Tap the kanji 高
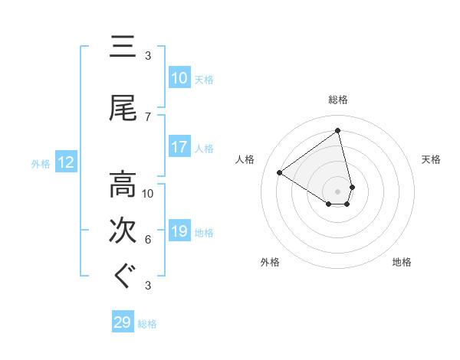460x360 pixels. pyautogui.click(x=123, y=185)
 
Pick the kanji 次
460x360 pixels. pyautogui.click(x=123, y=231)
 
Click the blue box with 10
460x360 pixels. pyautogui.click(x=179, y=78)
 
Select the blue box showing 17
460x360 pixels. pyautogui.click(x=179, y=147)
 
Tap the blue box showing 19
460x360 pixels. pyautogui.click(x=179, y=231)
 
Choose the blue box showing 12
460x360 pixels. pyautogui.click(x=66, y=162)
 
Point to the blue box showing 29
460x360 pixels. pyautogui.click(x=123, y=322)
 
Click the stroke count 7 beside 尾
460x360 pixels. pyautogui.click(x=148, y=117)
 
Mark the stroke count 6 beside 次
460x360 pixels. pyautogui.click(x=148, y=240)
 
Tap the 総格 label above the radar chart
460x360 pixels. pyautogui.click(x=338, y=100)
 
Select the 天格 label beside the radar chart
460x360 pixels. pyautogui.click(x=431, y=159)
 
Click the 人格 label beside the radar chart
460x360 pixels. pyautogui.click(x=245, y=159)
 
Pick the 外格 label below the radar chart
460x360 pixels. pyautogui.click(x=270, y=262)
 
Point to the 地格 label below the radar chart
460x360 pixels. pyautogui.click(x=402, y=262)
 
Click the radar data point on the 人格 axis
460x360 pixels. pyautogui.click(x=280, y=172)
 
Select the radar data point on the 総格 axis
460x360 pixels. pyautogui.click(x=338, y=131)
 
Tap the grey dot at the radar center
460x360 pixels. pyautogui.click(x=338, y=191)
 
